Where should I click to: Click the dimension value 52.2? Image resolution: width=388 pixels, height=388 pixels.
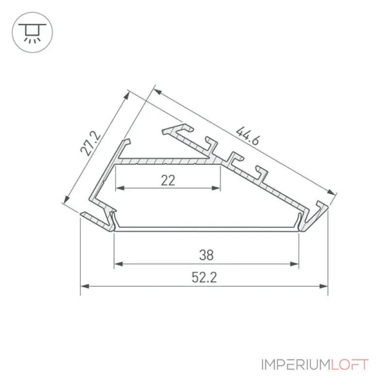(204, 277)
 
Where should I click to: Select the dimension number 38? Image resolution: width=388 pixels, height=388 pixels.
(207, 255)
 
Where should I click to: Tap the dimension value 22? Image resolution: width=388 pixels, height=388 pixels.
(168, 180)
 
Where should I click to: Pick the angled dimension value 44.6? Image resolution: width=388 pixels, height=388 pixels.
(248, 136)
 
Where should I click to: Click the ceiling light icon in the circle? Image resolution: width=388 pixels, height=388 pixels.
(32, 33)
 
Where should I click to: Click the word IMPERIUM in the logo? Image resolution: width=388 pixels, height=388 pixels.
(296, 365)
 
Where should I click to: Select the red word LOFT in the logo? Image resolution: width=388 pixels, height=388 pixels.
(350, 365)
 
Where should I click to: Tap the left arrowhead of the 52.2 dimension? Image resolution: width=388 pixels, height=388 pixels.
(84, 286)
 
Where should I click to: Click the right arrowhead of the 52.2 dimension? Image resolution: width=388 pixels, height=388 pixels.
(323, 286)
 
